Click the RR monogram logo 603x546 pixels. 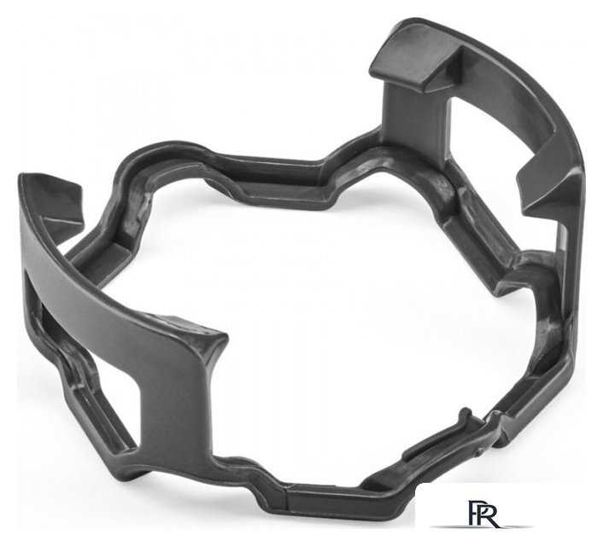tap(483, 513)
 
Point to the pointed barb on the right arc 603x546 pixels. tap(546, 181)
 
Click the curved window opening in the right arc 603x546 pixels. tap(504, 123)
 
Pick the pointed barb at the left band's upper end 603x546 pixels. tap(61, 204)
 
